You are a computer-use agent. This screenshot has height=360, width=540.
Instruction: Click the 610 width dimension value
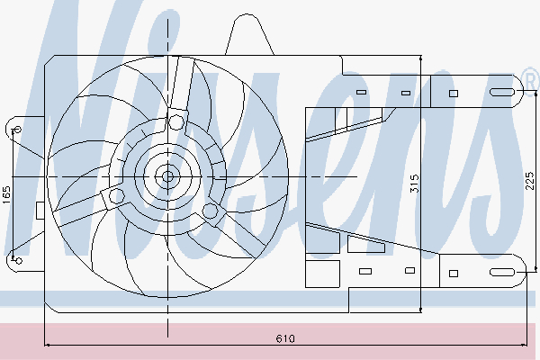pos(284,338)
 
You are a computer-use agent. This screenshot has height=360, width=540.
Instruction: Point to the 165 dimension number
pos(6,193)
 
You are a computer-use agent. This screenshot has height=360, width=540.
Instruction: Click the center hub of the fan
pos(167,176)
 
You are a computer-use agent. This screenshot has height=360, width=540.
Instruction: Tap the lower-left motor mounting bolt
pos(116,193)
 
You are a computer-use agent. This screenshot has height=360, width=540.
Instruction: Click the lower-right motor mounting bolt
pos(211,211)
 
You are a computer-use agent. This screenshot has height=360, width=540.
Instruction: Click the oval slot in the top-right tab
pos(500,92)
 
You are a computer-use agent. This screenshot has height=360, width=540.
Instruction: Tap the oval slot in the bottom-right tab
pos(500,272)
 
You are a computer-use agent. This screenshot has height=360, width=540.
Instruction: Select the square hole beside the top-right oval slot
pos(454,92)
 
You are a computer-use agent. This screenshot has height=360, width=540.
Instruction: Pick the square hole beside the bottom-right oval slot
pos(454,272)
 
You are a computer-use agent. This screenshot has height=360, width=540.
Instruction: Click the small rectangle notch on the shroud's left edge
pos(40,211)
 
